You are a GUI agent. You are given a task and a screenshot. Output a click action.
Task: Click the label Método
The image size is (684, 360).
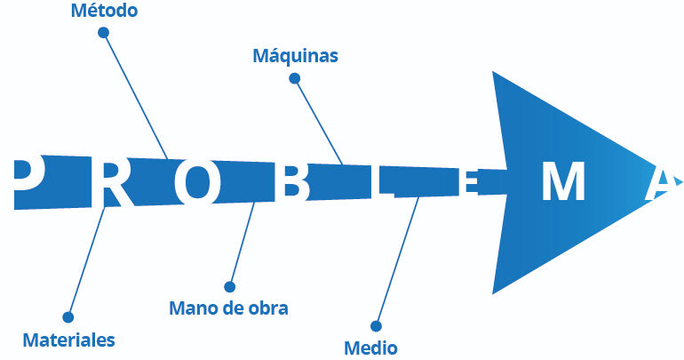coord(104,12)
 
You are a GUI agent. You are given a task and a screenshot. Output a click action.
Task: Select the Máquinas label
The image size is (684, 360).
coord(296,56)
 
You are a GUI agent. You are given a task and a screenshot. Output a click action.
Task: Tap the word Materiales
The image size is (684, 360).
coord(68,340)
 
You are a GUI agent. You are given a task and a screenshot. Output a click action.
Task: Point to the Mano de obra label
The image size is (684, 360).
coord(228,308)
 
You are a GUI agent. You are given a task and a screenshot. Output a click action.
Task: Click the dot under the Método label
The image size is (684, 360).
coord(103,33)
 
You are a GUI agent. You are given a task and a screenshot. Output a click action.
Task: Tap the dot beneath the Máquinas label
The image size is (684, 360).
coord(295,78)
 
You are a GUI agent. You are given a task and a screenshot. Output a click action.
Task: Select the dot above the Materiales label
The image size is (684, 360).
coord(68,316)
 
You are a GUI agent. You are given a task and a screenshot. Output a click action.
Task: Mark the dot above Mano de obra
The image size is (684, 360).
coord(229,286)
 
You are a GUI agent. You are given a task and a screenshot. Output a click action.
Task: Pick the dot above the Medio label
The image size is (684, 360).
coord(376,325)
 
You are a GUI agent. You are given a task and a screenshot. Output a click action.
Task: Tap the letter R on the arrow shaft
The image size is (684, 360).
coord(113,182)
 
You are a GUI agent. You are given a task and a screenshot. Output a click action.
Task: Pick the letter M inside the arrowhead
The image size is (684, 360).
coord(562,184)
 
